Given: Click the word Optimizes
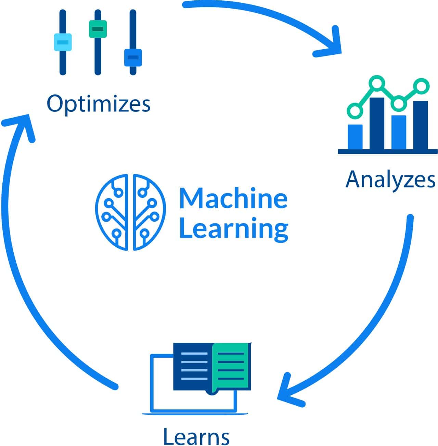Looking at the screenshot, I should coord(99,104).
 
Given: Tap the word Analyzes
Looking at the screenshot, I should coord(390,179).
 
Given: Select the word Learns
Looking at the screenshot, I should coord(196,436).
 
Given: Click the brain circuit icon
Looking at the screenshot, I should coord(130,212).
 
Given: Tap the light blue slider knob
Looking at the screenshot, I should coord(63,42).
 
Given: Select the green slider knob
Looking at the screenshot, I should coord(98,29).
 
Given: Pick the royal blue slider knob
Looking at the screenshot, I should coord(133,57).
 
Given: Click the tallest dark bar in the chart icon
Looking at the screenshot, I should coord(377,123).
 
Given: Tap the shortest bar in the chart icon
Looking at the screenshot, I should coord(355,136).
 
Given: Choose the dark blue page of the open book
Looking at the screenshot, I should coord(193,366).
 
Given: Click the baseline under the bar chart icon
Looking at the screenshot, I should coord(387,151).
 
